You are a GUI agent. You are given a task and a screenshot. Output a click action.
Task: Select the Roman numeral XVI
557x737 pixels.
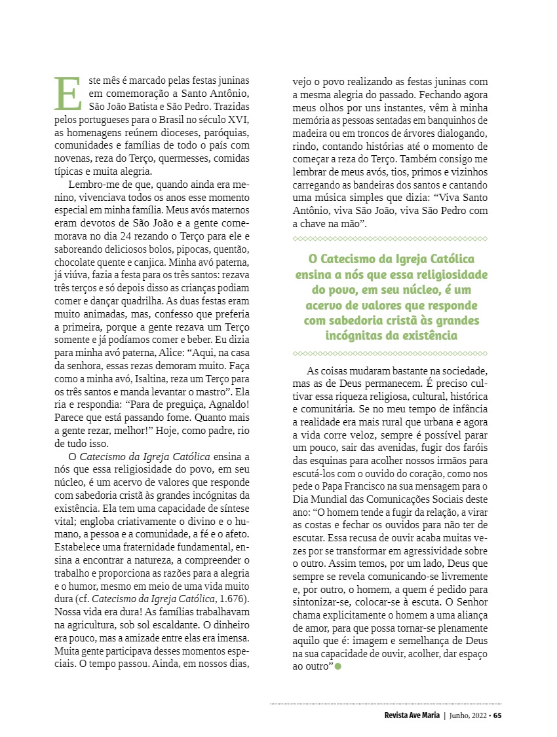239,120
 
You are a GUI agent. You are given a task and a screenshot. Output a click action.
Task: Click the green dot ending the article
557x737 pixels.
338,666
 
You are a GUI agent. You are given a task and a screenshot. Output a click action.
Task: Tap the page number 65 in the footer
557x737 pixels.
497,715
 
